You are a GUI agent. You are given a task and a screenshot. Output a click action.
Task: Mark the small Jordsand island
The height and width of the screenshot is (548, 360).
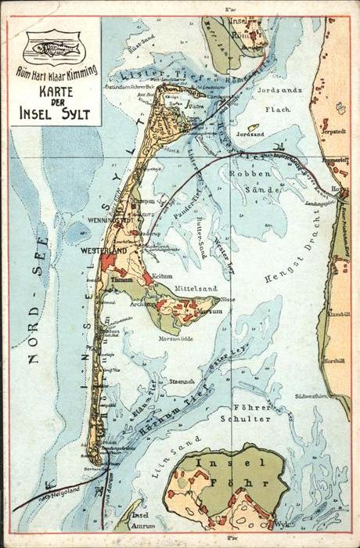[x=253, y=127]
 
